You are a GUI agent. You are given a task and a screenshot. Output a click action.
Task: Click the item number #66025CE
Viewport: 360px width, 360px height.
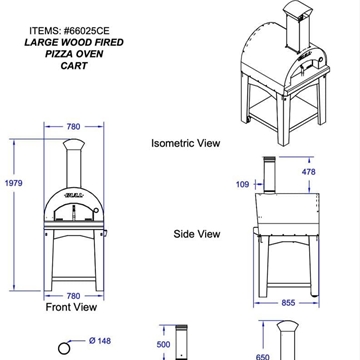point(86,31)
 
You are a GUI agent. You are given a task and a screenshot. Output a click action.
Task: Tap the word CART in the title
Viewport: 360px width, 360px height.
point(74,66)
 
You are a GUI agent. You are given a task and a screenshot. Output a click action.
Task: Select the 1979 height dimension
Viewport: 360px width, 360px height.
point(14,183)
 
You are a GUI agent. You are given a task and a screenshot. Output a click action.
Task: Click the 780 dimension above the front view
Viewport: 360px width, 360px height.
point(73,127)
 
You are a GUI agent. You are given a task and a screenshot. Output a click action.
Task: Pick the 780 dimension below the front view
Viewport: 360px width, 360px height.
point(73,296)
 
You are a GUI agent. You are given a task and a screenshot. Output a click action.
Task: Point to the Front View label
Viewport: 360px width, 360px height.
point(71,307)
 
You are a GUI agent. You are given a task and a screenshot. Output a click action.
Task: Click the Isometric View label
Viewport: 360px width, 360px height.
point(186,143)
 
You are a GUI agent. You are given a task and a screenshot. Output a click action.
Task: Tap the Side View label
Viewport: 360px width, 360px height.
point(197,234)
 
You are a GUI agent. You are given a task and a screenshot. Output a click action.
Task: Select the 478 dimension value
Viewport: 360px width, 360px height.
point(308,172)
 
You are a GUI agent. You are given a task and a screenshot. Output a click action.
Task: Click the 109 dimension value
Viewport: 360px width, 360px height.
point(242,184)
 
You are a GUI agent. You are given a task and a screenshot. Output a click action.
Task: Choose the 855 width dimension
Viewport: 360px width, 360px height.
point(288,303)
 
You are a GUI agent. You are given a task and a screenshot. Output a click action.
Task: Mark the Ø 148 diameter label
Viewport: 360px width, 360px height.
point(100,341)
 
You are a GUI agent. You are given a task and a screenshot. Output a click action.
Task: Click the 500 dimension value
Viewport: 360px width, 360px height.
point(163,344)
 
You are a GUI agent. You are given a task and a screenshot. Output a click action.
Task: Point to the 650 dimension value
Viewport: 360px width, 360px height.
point(263,357)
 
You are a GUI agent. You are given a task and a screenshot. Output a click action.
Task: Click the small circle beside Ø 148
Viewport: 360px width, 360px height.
point(64,348)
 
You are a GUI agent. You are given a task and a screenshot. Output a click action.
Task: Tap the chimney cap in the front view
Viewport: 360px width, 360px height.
point(74,144)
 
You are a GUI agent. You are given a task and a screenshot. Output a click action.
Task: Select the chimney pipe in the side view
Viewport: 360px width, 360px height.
point(269,174)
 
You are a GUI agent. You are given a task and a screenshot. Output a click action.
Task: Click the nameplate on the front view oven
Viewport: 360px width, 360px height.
point(74,194)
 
